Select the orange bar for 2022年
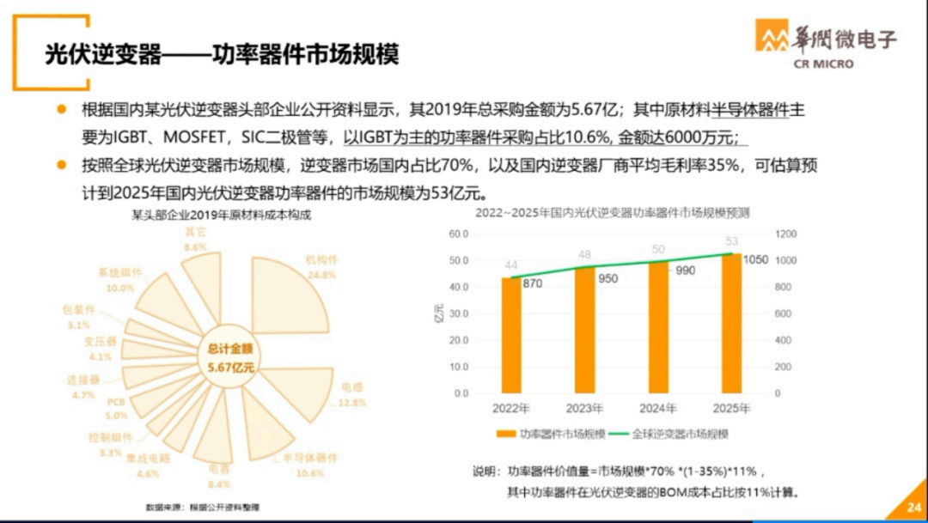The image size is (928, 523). (x=511, y=335)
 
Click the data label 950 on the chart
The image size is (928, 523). (x=607, y=278)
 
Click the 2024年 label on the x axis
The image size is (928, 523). (x=658, y=408)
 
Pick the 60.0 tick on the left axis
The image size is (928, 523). (x=458, y=234)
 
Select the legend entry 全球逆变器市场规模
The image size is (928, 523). (x=674, y=435)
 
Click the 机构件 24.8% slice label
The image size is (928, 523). (x=321, y=266)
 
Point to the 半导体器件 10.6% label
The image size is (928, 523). (x=309, y=464)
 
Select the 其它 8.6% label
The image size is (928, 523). (x=196, y=239)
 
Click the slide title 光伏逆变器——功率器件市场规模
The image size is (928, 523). (x=223, y=55)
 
